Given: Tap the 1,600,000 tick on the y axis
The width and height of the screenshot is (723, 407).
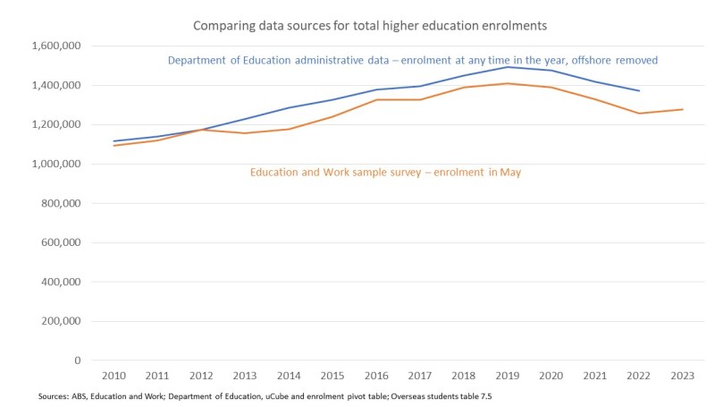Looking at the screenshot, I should coord(55,47).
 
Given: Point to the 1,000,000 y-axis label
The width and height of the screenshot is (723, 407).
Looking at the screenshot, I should coord(55,165).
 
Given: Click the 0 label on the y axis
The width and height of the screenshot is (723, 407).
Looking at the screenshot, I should coord(78,360).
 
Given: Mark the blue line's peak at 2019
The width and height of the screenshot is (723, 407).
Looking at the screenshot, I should coord(508,67).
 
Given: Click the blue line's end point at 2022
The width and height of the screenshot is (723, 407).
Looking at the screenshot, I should coord(639,90).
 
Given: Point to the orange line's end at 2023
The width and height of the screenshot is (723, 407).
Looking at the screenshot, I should coord(683,109).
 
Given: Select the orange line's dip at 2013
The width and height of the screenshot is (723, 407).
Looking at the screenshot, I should coord(245,133).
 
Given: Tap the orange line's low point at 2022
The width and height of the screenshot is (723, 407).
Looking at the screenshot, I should coord(639,114).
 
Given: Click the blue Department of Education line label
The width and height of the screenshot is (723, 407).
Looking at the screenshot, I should coord(413,61).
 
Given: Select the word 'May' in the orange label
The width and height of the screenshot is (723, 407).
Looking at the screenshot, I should coord(510,173).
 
